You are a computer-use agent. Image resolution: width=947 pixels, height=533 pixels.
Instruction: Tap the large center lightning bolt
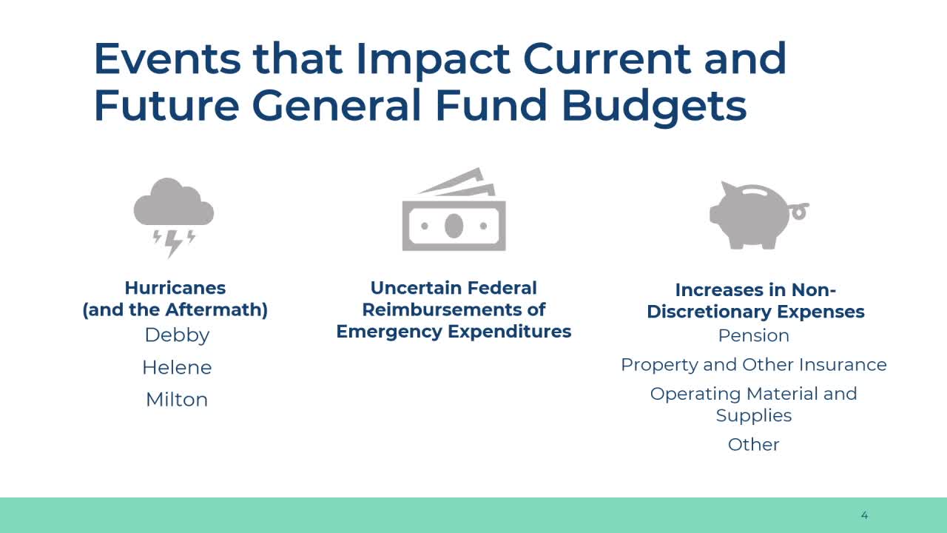coord(172,244)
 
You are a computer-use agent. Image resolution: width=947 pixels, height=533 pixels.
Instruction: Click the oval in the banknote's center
coord(454,226)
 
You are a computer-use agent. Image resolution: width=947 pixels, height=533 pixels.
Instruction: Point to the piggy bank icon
coord(759,215)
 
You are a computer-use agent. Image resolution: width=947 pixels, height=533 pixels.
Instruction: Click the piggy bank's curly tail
coord(799,210)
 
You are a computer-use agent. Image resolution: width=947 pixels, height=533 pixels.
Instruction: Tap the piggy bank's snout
coord(715,215)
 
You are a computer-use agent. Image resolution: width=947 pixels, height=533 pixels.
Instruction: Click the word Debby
coord(177,335)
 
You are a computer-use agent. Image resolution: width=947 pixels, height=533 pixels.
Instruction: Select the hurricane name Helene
coord(177,367)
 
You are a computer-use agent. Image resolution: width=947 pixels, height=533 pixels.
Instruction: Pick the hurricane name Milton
coord(177,399)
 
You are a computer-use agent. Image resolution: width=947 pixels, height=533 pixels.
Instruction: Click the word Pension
coord(754,335)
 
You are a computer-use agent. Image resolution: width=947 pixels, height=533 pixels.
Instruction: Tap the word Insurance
coord(843,365)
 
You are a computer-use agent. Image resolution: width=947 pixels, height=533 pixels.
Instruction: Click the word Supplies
coord(754,416)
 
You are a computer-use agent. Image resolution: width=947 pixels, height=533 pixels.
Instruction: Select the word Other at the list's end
coord(754,445)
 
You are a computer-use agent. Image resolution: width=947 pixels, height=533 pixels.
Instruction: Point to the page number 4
coord(865,515)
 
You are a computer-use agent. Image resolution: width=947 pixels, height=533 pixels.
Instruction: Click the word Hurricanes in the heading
coord(175,288)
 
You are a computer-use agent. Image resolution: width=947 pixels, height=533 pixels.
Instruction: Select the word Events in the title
coord(167,58)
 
